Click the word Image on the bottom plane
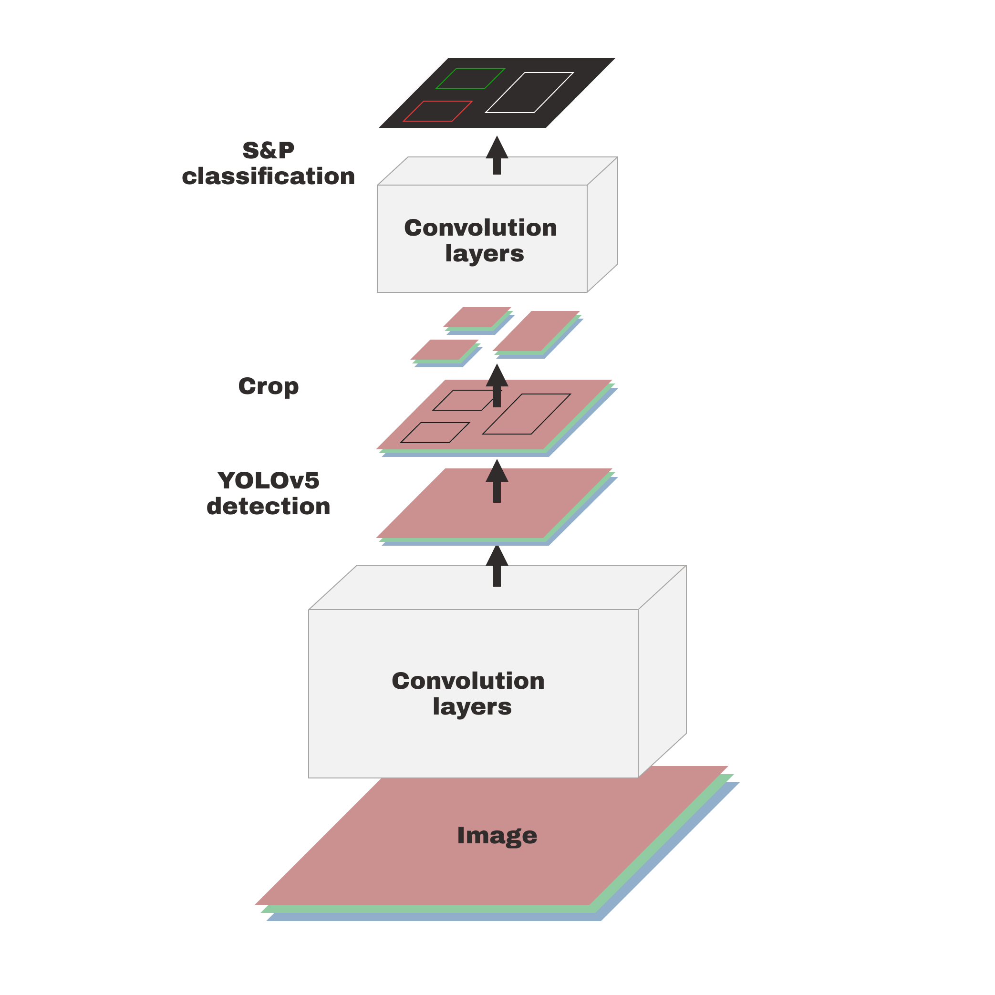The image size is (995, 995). point(497,835)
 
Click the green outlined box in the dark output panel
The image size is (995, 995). point(470,79)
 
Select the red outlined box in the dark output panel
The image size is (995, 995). point(438,111)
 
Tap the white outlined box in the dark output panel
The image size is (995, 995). point(529,93)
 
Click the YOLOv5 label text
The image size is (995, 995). point(269,480)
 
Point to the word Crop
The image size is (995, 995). point(269,386)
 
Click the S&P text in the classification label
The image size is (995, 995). point(269,150)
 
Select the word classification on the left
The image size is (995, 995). point(269,176)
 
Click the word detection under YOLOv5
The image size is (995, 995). point(269,506)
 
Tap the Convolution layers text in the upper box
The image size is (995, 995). point(480,240)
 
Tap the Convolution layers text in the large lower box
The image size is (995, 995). point(468,693)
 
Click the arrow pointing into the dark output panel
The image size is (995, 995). point(497,155)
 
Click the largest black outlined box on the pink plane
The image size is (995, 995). point(526,414)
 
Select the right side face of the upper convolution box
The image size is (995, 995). point(602,225)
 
